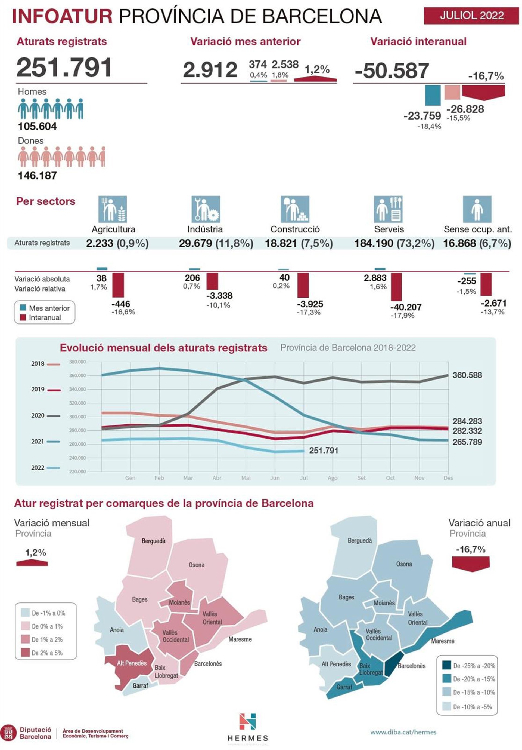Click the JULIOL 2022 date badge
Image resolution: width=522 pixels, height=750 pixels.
coord(471,15)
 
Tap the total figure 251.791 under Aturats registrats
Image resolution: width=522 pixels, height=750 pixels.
coord(64,68)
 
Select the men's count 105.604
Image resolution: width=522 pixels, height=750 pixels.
coord(37,126)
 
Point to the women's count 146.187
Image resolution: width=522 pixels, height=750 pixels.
coord(37,175)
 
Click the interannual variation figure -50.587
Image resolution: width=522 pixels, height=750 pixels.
coord(391,71)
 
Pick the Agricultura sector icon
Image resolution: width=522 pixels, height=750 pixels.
coord(112,209)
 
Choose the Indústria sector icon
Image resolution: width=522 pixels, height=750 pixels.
coord(206,209)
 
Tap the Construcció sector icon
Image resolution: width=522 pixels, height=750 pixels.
coord(295,209)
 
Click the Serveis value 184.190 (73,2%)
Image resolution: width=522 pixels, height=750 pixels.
coord(394,243)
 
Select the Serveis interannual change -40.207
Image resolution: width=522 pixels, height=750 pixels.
coord(406,307)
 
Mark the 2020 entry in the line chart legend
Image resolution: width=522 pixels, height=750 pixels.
coord(45,415)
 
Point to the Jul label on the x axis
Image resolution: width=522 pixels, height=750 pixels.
coord(303,478)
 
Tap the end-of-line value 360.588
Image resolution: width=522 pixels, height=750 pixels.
coord(467,375)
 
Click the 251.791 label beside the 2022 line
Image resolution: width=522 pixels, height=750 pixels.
coord(323,451)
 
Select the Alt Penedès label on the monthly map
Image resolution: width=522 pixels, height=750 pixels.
coord(132,663)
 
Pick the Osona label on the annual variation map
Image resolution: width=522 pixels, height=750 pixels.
coord(404,564)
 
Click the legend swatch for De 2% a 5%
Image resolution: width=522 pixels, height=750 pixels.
coord(25,653)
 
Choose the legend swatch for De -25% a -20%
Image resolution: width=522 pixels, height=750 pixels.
coord(446,665)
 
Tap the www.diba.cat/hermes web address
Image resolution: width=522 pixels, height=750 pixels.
coord(403,732)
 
